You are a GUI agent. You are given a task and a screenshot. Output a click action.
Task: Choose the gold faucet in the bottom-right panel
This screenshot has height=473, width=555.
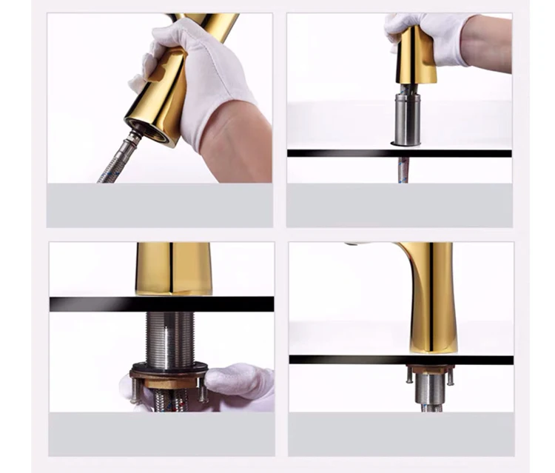(433, 296)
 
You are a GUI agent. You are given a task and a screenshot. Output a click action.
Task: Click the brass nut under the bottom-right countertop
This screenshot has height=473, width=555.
(430, 369)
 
